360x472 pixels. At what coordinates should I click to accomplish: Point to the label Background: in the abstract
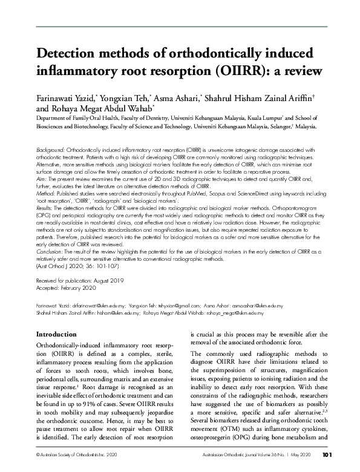point(51,149)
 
